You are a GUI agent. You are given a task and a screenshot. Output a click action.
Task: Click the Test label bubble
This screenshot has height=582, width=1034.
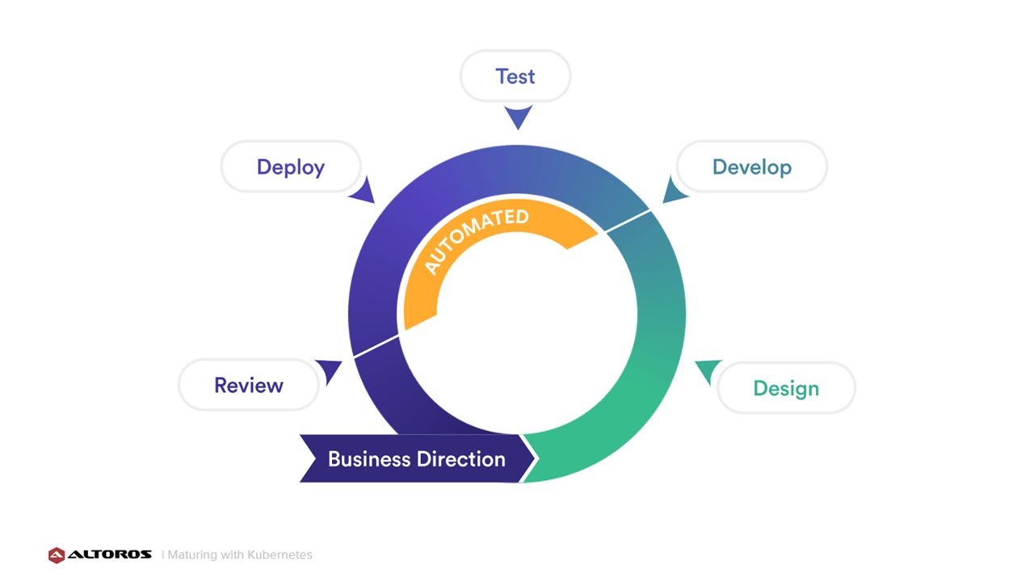coord(515,76)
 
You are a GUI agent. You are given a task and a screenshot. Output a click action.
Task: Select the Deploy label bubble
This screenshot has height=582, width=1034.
coord(291,167)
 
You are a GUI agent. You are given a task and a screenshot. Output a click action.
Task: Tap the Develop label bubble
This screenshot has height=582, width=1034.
coord(752,167)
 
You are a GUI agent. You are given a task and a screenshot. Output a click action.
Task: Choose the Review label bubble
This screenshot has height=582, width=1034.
coord(249,385)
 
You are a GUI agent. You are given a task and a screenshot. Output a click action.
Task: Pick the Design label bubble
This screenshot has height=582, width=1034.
coord(786,388)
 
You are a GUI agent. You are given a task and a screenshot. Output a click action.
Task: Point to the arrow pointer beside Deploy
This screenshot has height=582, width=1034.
coord(364,191)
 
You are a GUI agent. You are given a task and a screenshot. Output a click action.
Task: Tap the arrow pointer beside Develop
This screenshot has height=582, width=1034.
coord(674,190)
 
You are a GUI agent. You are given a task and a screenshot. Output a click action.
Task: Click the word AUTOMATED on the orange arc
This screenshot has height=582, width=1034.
coord(476,240)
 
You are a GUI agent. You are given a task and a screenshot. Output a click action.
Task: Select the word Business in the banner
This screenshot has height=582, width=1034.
coord(369,459)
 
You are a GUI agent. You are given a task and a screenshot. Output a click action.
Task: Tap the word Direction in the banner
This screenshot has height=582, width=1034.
coord(461,459)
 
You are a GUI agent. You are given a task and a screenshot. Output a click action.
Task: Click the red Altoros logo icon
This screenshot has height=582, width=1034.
coord(57,555)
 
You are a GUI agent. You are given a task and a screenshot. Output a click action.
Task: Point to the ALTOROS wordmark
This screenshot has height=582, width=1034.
coord(110,555)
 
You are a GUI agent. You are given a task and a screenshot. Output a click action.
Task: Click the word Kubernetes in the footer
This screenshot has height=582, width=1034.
coord(280,555)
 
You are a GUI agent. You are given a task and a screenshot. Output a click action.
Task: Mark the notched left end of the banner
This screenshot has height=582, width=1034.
coord(316,458)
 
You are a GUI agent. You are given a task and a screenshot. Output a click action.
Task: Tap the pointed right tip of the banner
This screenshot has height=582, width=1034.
coord(534,458)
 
